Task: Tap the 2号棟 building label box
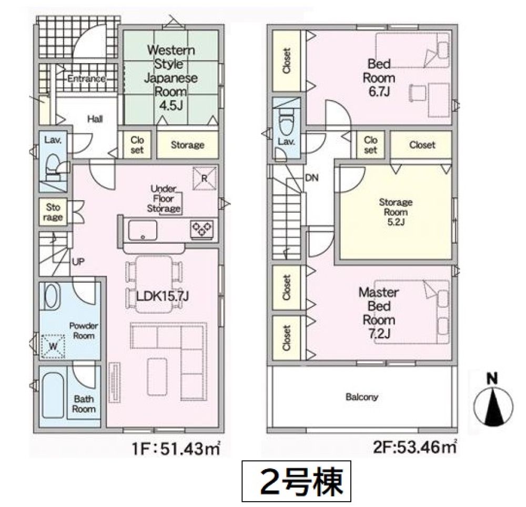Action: tap(296, 481)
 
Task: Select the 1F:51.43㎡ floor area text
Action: tap(176, 449)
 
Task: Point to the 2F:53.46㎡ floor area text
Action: tap(414, 447)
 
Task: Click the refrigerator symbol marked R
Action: tap(204, 178)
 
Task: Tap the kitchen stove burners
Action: tap(201, 230)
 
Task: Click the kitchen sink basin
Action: tap(143, 230)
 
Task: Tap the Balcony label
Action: tap(362, 397)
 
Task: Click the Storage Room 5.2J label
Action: tap(396, 212)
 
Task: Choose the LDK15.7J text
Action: tap(163, 296)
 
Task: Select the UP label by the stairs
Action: tap(78, 262)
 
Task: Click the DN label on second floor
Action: tap(311, 177)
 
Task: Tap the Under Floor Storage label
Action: tap(164, 199)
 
